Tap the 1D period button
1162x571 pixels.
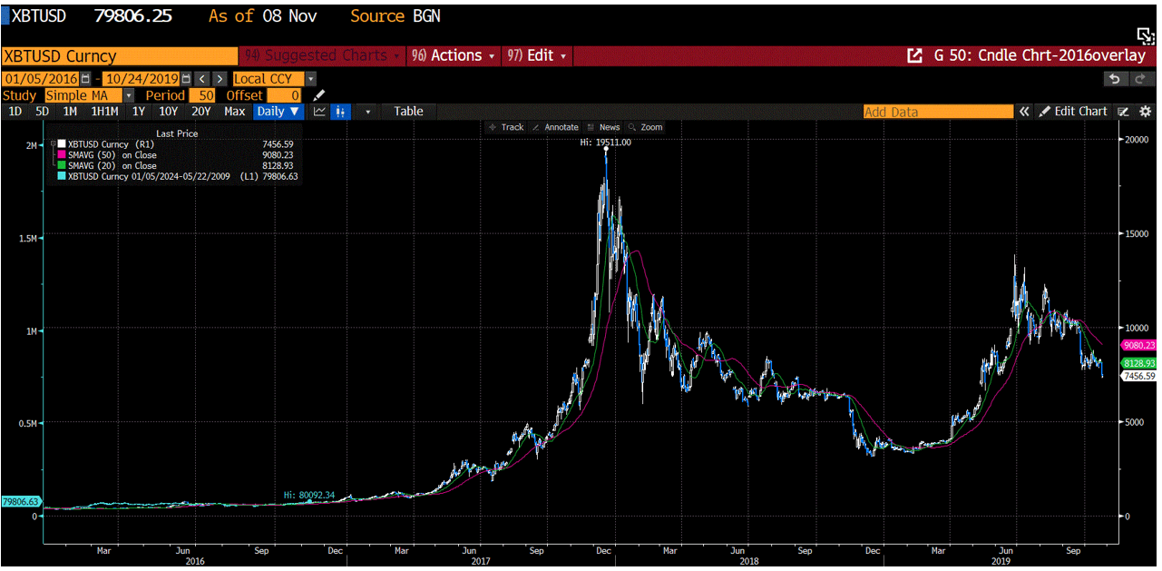point(15,112)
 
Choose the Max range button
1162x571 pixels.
point(234,112)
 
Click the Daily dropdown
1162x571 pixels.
point(278,112)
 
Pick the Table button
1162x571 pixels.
point(408,112)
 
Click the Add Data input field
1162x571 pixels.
point(937,112)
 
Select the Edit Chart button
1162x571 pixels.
point(1074,112)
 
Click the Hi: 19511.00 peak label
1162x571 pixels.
point(606,143)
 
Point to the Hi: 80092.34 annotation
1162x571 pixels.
point(309,495)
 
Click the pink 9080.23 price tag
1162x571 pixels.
point(1138,345)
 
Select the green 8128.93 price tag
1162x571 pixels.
point(1138,362)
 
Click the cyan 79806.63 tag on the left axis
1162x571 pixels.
point(21,501)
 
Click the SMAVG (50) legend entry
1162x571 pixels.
point(112,155)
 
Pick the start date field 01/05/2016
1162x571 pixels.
point(41,79)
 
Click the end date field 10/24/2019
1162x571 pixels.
point(141,79)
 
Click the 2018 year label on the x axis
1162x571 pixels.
point(748,561)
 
